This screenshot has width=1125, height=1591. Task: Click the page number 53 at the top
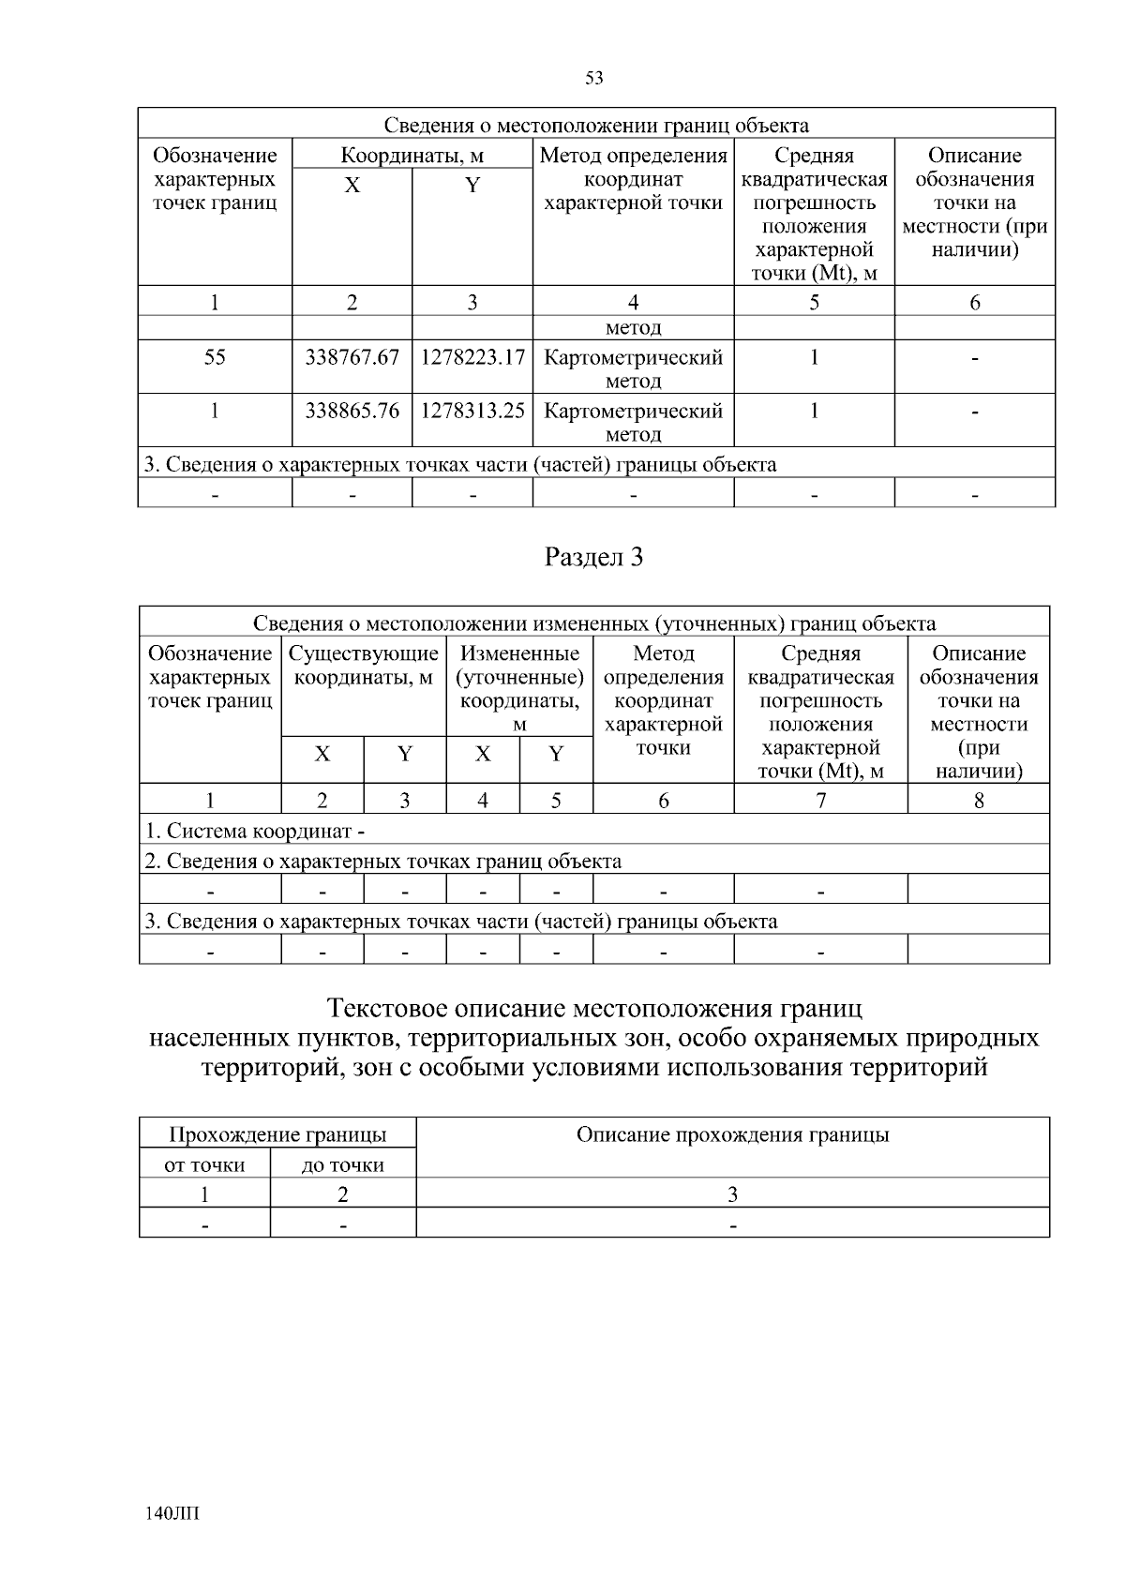tap(593, 79)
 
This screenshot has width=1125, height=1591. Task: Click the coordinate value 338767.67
tap(352, 358)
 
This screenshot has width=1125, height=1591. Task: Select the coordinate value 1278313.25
tap(472, 412)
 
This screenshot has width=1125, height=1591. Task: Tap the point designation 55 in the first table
tap(215, 358)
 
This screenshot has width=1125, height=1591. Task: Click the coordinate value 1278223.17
tap(472, 358)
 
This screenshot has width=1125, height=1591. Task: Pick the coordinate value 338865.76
tap(352, 412)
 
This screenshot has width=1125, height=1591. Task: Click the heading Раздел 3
tap(593, 558)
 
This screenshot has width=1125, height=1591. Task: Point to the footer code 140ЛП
tap(174, 1514)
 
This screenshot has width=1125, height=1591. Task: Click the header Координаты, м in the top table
tap(412, 156)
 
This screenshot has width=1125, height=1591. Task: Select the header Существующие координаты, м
tap(363, 666)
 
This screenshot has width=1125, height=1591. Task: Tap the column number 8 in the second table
tap(978, 801)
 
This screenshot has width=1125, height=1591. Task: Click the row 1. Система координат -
tap(255, 832)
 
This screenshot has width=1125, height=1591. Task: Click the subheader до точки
tap(342, 1166)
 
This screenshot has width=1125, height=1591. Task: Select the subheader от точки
tap(204, 1166)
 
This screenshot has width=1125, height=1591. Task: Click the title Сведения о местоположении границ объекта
tap(596, 126)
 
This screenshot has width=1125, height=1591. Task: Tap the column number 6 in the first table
tap(974, 303)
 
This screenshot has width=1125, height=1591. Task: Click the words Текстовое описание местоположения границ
tap(593, 1010)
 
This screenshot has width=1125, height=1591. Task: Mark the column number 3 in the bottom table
tap(732, 1195)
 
